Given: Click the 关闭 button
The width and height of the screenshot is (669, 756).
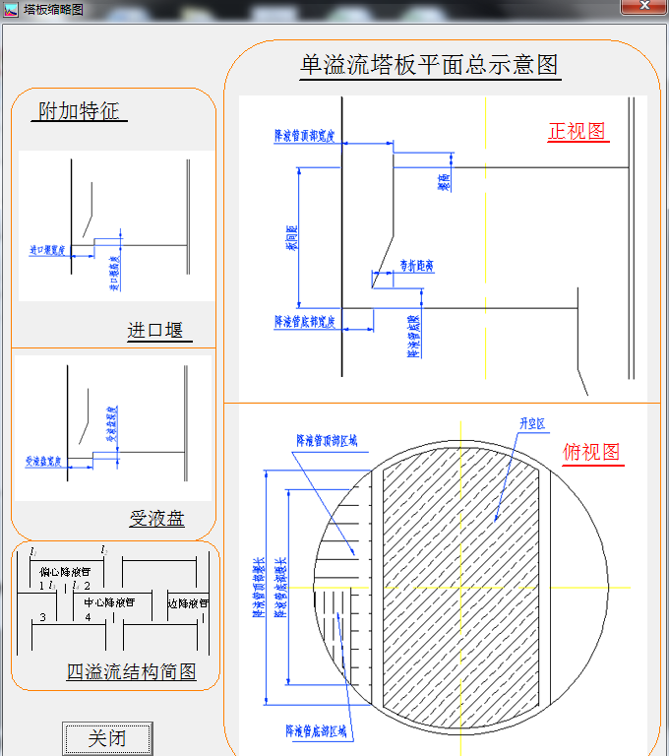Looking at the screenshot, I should tap(107, 738).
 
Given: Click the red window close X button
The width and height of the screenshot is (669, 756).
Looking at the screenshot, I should tap(644, 6).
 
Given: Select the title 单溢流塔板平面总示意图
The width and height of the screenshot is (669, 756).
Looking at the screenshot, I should tap(430, 65).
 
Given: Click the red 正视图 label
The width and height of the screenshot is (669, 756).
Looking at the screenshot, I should tap(577, 131).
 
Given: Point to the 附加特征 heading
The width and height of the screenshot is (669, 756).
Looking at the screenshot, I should tap(80, 110).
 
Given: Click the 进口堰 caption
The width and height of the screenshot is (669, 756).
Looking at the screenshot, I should tap(155, 331).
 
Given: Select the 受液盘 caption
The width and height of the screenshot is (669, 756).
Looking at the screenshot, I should tap(157, 519).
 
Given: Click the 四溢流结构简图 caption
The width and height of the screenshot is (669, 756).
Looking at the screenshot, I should tap(131, 672).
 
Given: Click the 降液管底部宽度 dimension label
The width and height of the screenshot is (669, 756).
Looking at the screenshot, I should tap(305, 322).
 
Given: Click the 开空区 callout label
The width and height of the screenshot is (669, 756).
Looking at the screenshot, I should tap(532, 424).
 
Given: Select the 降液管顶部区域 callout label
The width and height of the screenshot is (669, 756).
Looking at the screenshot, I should tap(329, 441).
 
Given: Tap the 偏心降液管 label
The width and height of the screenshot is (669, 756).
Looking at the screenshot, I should tap(65, 572).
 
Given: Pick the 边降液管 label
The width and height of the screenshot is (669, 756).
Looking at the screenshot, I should tap(188, 602).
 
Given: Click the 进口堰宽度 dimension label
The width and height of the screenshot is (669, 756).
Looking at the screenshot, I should tap(46, 251).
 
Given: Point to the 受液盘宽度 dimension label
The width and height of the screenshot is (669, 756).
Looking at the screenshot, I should tap(44, 461).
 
